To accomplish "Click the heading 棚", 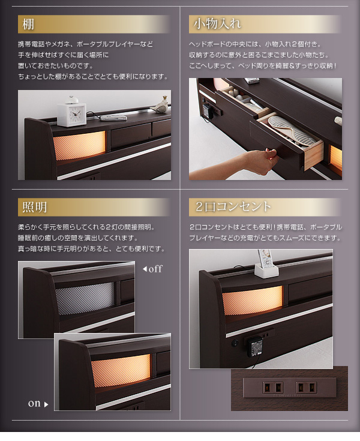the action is click(28, 24).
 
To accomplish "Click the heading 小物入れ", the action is click(217, 23).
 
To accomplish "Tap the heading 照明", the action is click(34, 207).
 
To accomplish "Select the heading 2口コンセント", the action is click(233, 206).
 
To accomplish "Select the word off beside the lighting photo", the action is click(155, 269).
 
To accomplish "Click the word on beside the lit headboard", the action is click(34, 404).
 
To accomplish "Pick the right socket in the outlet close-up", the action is click(306, 387).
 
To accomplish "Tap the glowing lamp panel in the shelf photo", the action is click(79, 146).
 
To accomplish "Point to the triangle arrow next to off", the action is click(145, 269).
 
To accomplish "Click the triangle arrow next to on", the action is click(46, 404).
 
